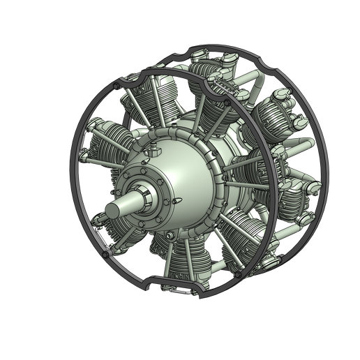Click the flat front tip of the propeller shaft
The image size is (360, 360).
[110, 210]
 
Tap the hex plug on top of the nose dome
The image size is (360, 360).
[152, 151]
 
